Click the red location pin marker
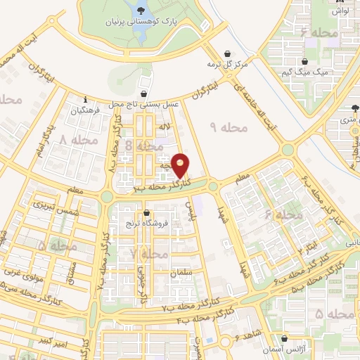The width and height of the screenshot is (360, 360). tap(181, 165)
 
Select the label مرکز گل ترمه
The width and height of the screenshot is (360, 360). tap(226, 65)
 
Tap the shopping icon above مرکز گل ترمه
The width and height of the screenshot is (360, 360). tap(226, 53)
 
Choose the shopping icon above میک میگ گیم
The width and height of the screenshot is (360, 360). tap(303, 61)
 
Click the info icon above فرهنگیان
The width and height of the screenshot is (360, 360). tap(85, 99)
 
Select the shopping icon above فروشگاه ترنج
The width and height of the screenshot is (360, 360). tap(146, 213)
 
